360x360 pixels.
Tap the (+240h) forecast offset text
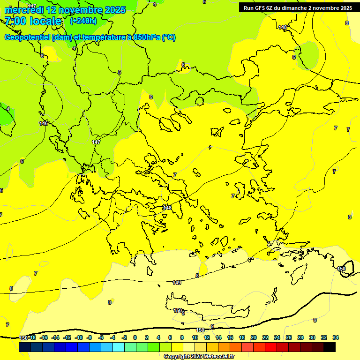point(83,21)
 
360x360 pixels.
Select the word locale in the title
point(45,21)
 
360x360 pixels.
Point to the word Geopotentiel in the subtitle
point(27,37)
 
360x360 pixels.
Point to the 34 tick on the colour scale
point(336,337)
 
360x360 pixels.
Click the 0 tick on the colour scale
point(135,337)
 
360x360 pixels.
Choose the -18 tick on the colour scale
point(32,337)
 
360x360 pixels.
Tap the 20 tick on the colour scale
point(254,337)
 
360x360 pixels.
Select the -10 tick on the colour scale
point(79,337)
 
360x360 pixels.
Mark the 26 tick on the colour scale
point(289,337)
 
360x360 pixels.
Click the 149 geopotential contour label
point(177,283)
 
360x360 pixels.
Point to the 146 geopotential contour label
point(44,123)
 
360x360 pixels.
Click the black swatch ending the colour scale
point(330,347)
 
